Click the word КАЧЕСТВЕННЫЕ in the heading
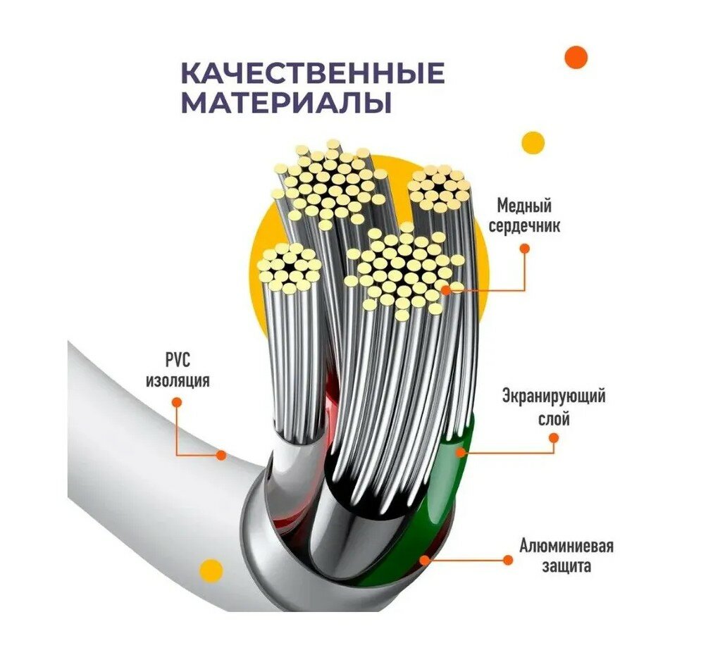[x=313, y=73]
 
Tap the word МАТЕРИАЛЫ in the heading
[x=286, y=103]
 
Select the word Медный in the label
[x=523, y=206]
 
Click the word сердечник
[x=528, y=227]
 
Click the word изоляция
[x=178, y=381]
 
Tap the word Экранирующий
[x=553, y=396]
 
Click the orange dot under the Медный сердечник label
[x=523, y=248]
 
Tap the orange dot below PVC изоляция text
[x=176, y=402]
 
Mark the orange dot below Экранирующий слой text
[x=554, y=438]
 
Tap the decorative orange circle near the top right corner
[x=576, y=57]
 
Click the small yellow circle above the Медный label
[x=533, y=143]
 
